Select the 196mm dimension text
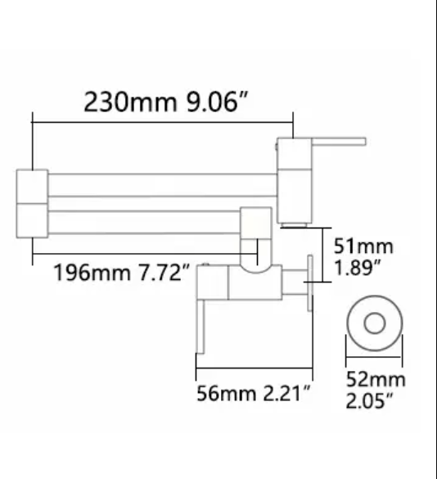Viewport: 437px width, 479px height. [x=91, y=272]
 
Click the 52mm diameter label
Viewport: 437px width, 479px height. [x=375, y=379]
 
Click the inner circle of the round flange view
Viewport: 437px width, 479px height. [x=375, y=323]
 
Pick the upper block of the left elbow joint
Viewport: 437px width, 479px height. [x=32, y=186]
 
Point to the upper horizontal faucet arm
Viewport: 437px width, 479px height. [x=164, y=185]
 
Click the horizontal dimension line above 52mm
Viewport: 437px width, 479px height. [x=375, y=359]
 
